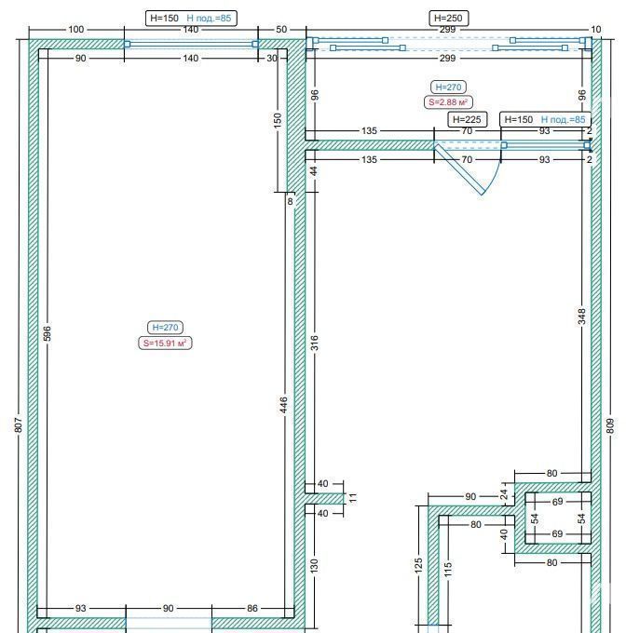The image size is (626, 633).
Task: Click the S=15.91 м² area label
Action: point(165,343)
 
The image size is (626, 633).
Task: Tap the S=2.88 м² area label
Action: point(448,102)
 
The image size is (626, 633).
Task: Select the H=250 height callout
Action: point(448,18)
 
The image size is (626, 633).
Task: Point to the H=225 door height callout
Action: point(468,119)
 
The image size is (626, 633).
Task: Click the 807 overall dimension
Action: point(19,425)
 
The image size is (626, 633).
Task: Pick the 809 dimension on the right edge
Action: point(610,426)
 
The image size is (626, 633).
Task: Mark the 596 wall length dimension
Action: point(48,333)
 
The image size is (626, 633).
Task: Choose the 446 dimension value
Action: point(283,405)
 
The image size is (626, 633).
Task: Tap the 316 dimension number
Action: point(315,343)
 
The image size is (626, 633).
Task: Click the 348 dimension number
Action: point(581,316)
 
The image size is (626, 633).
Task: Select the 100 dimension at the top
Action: point(76,30)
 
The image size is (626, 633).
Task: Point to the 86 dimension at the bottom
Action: point(252,608)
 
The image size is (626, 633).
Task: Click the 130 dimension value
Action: point(315,566)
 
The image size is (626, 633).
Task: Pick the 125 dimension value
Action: point(418,565)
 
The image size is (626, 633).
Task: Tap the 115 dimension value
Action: point(448,569)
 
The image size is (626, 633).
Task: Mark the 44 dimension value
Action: point(314,171)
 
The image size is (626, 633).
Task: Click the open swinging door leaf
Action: point(459,169)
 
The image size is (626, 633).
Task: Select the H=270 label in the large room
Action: point(165,328)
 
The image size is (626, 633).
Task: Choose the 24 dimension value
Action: point(504,494)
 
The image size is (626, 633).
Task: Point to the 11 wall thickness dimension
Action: point(353,498)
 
